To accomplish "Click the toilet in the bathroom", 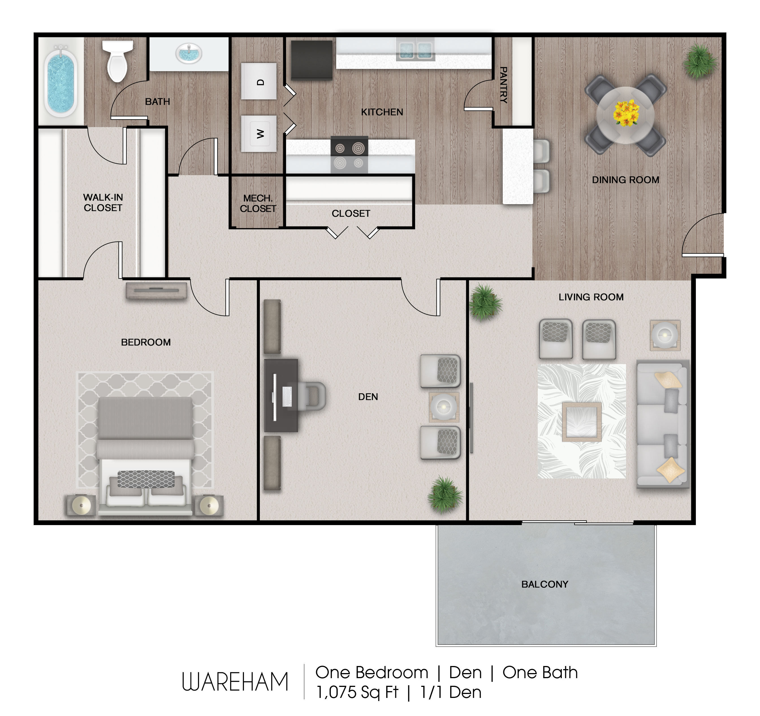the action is [x=117, y=61].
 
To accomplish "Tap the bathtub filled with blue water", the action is [x=61, y=81].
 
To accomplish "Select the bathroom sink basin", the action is [x=189, y=53].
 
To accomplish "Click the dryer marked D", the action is [x=259, y=81].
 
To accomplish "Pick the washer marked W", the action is [x=259, y=133].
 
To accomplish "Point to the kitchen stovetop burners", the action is [x=349, y=155].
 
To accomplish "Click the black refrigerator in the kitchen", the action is [x=312, y=60].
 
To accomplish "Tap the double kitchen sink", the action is [x=416, y=50].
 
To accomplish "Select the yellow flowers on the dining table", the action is [x=626, y=113].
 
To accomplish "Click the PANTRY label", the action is [x=504, y=85].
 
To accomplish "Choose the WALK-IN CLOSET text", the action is [x=103, y=203].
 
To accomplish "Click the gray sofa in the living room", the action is [x=662, y=424].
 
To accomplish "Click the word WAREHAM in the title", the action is [x=235, y=682].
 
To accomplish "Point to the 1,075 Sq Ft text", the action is [x=357, y=692].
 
